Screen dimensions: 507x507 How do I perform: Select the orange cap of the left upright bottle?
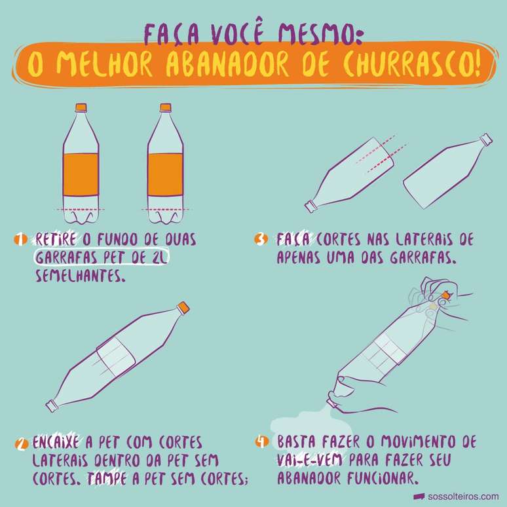click(81, 107)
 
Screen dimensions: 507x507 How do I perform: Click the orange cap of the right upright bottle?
click(166, 107)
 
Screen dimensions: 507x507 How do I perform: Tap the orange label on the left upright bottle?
click(81, 174)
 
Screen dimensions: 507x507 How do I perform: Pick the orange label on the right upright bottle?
click(166, 174)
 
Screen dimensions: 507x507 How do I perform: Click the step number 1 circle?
click(20, 240)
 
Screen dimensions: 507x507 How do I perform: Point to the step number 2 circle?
click(22, 443)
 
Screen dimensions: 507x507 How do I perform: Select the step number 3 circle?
click(261, 240)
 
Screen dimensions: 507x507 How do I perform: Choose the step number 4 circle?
click(262, 441)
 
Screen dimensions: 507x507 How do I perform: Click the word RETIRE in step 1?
click(56, 240)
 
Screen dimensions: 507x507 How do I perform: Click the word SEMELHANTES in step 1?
click(80, 276)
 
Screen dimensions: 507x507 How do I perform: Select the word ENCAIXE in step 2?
click(56, 443)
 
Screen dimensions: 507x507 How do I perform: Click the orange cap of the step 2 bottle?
click(183, 307)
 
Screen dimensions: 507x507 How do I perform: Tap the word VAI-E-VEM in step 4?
click(309, 460)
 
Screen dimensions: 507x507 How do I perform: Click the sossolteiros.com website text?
click(463, 497)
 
